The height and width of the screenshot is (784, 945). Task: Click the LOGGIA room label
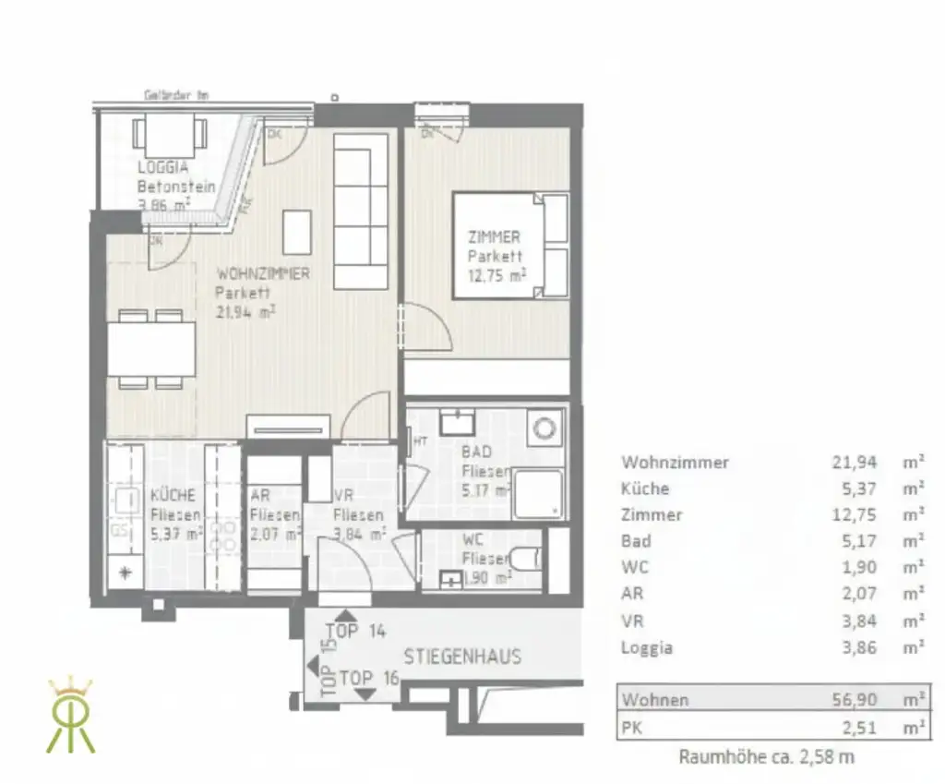click(x=163, y=167)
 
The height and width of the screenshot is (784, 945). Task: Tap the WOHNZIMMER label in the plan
click(x=262, y=274)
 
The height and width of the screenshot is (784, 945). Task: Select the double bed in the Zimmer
click(x=508, y=246)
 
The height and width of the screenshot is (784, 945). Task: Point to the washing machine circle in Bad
click(x=545, y=427)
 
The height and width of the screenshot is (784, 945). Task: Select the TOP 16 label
click(x=368, y=678)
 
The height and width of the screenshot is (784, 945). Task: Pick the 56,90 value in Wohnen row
click(x=855, y=700)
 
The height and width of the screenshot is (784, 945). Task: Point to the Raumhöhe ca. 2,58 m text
click(x=766, y=757)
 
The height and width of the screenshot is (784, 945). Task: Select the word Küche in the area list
click(x=645, y=488)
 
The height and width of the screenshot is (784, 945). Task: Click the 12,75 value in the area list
click(x=855, y=515)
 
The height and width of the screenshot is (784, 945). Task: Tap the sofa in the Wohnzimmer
click(x=360, y=211)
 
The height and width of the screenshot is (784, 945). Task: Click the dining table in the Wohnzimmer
click(x=151, y=349)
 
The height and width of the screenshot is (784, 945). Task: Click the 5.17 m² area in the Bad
click(x=486, y=490)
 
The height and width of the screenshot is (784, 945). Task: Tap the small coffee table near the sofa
click(x=297, y=232)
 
